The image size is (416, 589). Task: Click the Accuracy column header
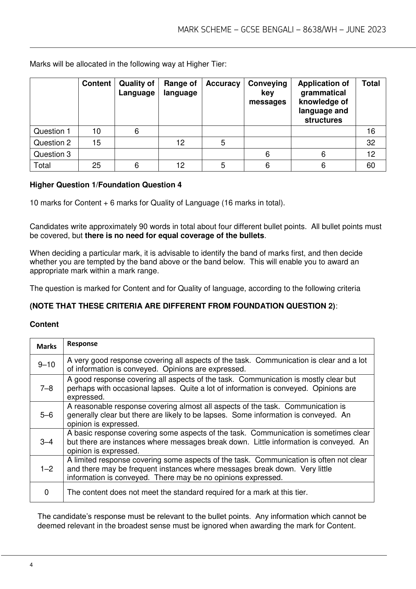[223, 84]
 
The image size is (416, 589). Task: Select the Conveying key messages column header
[267, 93]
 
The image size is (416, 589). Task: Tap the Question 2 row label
[52, 143]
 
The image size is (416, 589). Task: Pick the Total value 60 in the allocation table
[371, 165]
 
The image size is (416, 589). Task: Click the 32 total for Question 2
[371, 143]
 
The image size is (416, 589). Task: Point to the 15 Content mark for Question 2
[96, 143]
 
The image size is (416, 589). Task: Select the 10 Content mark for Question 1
[96, 131]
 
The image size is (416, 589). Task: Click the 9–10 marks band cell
[47, 365]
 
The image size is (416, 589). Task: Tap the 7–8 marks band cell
[47, 388]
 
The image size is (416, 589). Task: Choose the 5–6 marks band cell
[47, 415]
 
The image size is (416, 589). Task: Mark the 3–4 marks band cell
[47, 442]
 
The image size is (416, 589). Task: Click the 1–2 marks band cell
[47, 469]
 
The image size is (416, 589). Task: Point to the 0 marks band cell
[47, 492]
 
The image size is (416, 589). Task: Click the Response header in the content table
[82, 344]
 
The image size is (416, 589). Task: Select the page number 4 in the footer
[32, 565]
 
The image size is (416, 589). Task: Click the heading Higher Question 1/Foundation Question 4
[106, 185]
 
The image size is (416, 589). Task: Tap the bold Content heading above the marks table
[44, 324]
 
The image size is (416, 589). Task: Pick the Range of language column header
[180, 88]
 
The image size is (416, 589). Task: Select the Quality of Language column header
[137, 88]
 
